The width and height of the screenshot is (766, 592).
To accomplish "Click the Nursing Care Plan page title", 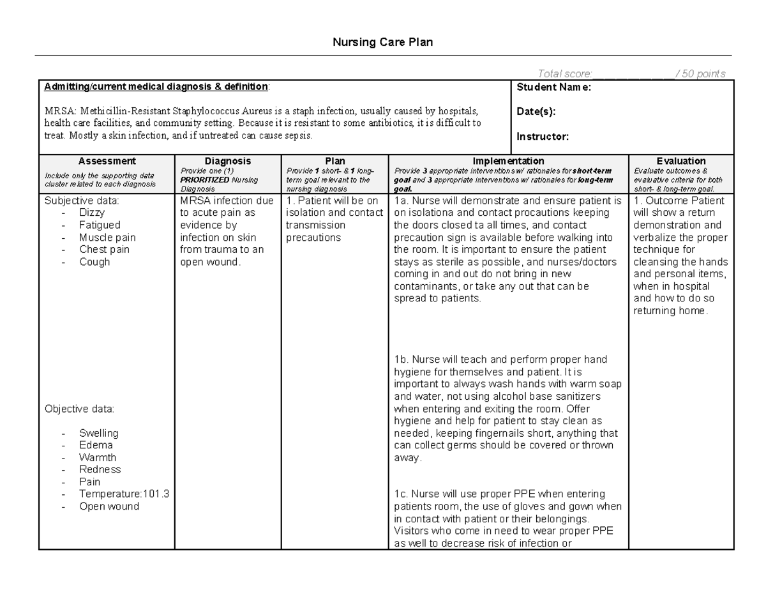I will [382, 43].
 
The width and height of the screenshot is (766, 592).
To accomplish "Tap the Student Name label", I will [553, 87].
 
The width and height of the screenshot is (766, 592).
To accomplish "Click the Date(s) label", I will [536, 112].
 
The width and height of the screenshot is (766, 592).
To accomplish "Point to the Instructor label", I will [542, 136].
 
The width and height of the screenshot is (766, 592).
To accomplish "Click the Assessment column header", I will [107, 162].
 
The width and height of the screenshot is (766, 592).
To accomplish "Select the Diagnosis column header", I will [228, 162].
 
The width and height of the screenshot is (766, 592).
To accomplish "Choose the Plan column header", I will [335, 162].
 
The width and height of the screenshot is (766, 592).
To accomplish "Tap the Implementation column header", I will [508, 162].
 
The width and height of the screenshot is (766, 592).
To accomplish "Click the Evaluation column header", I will [681, 162].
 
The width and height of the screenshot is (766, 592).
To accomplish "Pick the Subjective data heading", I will [81, 201].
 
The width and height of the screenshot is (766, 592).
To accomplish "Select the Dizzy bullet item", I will [92, 213].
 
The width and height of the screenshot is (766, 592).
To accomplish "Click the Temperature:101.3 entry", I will [124, 494].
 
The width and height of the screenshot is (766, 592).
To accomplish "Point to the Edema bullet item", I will [96, 445].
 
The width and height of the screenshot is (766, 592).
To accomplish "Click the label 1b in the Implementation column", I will [401, 360].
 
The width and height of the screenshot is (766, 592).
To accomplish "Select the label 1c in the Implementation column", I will [401, 494].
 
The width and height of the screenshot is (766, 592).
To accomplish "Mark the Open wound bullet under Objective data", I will [109, 506].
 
